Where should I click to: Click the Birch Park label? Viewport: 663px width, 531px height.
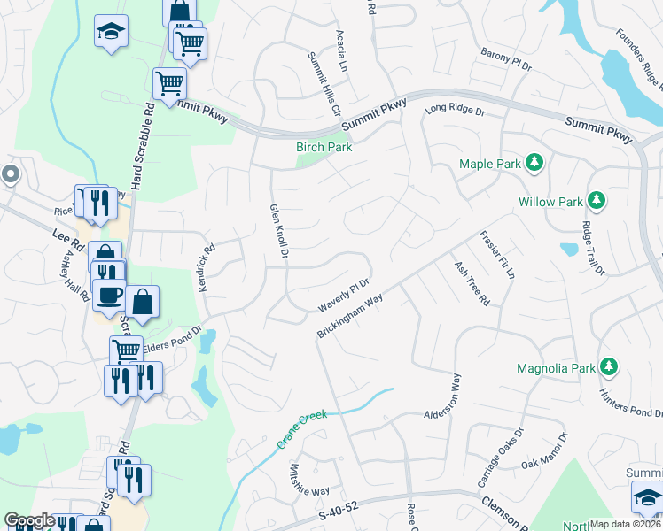(324, 147)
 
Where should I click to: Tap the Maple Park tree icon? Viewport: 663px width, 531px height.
(534, 162)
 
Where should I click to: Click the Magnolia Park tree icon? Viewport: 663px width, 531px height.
(608, 366)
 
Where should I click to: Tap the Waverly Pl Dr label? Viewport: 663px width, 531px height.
(344, 296)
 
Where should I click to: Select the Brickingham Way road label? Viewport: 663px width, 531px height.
(349, 316)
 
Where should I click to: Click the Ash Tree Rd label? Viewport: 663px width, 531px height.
(472, 283)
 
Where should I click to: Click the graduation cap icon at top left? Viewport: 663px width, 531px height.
(111, 32)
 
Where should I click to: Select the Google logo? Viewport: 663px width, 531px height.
(28, 521)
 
